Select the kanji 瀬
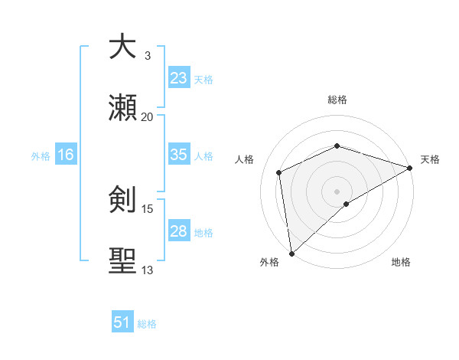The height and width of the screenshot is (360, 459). coord(122,108)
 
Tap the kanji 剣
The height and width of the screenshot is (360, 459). coord(122,200)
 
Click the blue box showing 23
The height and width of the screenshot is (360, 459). coord(178,77)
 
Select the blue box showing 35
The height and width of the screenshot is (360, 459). coord(178,155)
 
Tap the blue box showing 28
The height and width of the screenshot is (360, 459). coord(178,231)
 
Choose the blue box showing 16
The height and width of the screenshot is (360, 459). coord(66,155)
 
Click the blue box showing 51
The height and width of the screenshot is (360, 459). coord(122,322)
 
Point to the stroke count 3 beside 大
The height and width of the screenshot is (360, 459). coord(148,55)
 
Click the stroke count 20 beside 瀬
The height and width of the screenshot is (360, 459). coord(148,116)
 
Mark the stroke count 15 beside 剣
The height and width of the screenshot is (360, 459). coord(148,208)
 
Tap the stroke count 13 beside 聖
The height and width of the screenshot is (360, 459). coord(148,270)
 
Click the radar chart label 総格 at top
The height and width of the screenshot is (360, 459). coord(337,100)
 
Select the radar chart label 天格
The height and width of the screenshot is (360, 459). coord(430,159)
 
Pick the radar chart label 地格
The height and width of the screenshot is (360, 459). coord(401,262)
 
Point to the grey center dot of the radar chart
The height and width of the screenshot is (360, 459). coord(337,191)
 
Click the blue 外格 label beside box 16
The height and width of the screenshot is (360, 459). coord(41,155)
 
